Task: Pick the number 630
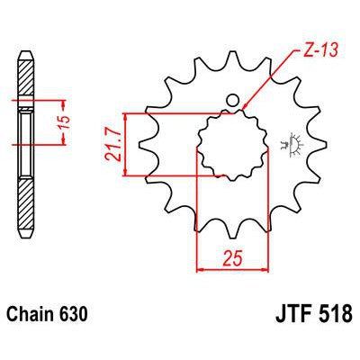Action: [x=75, y=317]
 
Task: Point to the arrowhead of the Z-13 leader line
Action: [x=245, y=111]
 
